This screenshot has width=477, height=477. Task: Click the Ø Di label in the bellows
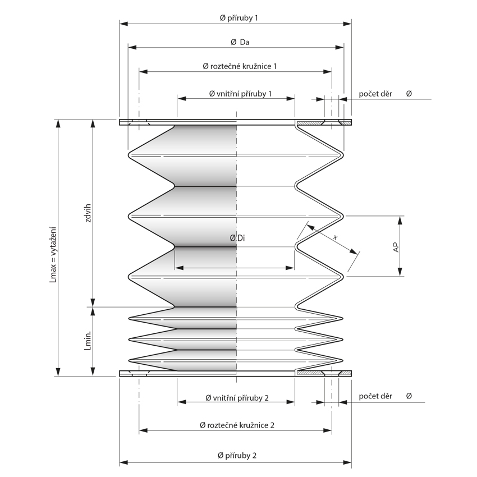tap(237, 238)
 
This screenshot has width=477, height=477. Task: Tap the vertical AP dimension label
tap(396, 247)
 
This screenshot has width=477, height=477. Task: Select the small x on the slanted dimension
tap(336, 237)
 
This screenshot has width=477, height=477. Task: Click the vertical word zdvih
tap(88, 213)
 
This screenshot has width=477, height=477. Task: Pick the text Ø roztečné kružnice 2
tap(237, 425)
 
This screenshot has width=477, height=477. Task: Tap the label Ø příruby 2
tap(236, 455)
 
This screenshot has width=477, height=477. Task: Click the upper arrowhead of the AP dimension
tap(401, 219)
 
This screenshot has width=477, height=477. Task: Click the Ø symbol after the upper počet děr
tap(409, 93)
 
